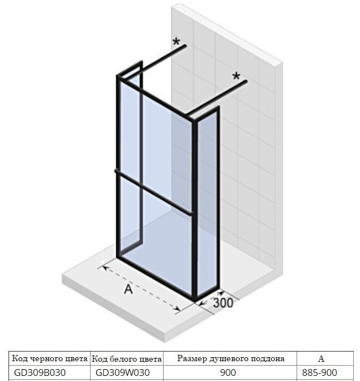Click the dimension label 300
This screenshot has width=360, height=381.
pyautogui.click(x=223, y=303)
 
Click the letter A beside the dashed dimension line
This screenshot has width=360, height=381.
pyautogui.click(x=128, y=289)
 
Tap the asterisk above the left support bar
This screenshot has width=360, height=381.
pyautogui.click(x=177, y=42)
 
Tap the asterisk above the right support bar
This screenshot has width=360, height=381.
pyautogui.click(x=236, y=76)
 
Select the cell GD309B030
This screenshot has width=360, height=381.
pyautogui.click(x=40, y=373)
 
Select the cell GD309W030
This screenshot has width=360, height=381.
pyautogui.click(x=123, y=373)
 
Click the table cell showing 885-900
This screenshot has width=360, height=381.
pyautogui.click(x=319, y=373)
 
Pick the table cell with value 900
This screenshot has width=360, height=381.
pyautogui.click(x=228, y=373)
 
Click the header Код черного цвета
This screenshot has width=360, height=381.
pyautogui.click(x=50, y=358)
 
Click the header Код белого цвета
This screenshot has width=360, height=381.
pyautogui.click(x=127, y=359)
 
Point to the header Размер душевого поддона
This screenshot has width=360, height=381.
pyautogui.click(x=230, y=359)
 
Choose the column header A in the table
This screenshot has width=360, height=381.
pyautogui.click(x=321, y=359)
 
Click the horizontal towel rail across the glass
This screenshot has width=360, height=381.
pyautogui.click(x=154, y=192)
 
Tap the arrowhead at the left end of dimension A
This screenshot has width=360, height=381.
pyautogui.click(x=105, y=268)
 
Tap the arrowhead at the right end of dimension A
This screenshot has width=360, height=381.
pyautogui.click(x=177, y=309)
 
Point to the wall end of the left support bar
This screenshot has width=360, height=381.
pyautogui.click(x=185, y=45)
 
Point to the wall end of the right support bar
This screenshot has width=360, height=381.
pyautogui.click(x=246, y=81)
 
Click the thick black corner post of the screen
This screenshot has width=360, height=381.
pyautogui.click(x=195, y=209)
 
